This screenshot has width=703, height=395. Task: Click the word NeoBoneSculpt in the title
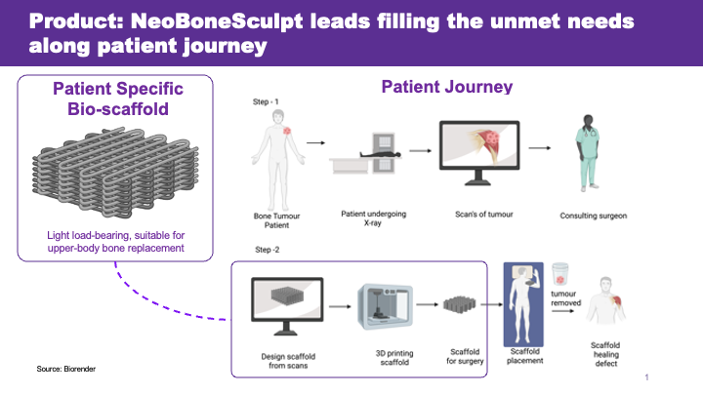[x=217, y=21]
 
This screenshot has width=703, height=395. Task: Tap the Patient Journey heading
[x=447, y=87]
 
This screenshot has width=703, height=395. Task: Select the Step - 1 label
[x=266, y=101]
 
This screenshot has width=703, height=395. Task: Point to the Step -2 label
[x=268, y=250]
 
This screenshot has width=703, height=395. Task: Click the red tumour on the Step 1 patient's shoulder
[x=287, y=131]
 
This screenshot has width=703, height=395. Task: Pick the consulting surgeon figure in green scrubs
[x=588, y=153]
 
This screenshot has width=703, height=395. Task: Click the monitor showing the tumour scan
[x=479, y=153]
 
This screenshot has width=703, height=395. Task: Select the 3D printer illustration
[x=385, y=307]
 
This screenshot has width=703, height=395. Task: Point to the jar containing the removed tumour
[x=559, y=274]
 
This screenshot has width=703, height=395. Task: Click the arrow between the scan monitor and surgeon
[x=540, y=148]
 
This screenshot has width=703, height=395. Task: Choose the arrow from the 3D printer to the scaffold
[x=428, y=304]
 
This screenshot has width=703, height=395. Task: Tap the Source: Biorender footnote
[x=66, y=369]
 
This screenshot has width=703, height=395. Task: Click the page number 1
[x=646, y=377]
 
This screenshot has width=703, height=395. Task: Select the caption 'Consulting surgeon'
[x=594, y=216]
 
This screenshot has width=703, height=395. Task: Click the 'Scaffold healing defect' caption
[x=605, y=354]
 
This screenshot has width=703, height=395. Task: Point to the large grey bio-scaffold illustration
[x=115, y=173]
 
